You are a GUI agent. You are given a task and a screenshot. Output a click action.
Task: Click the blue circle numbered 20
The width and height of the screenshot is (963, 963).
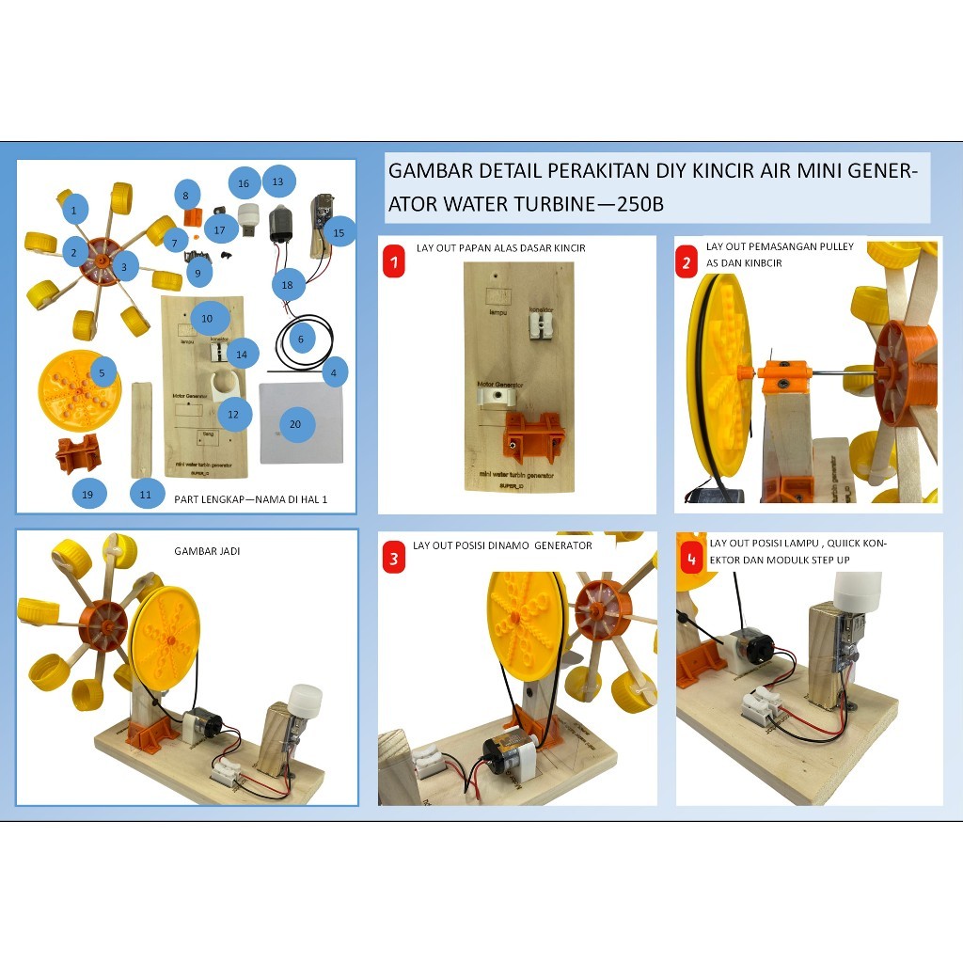[x=295, y=424]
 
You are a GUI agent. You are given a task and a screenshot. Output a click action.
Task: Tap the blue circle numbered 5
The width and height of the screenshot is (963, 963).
[x=102, y=372]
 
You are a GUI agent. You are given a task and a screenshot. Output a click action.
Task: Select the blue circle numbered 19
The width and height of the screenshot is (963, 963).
[x=88, y=494]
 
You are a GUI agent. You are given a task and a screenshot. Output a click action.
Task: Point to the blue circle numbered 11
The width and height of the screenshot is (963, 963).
[x=145, y=494]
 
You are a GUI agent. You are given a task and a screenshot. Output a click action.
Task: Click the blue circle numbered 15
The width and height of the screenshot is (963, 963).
[x=339, y=231]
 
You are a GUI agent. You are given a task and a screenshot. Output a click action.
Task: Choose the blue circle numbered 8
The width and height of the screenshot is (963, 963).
[x=185, y=195]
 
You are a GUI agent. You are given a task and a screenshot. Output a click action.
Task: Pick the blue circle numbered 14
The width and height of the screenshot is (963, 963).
[x=242, y=354]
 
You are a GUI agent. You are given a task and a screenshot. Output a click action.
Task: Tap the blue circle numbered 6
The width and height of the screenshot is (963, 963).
[x=300, y=338]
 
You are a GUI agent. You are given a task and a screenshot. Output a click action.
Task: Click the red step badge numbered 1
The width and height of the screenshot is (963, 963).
[x=394, y=261]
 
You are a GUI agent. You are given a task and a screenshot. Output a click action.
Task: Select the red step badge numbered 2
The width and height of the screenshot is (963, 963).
[x=687, y=262]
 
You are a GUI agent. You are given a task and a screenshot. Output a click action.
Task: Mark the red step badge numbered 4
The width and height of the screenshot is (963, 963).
[x=691, y=560]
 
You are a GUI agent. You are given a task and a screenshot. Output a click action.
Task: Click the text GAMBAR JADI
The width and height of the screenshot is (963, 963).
[x=207, y=551]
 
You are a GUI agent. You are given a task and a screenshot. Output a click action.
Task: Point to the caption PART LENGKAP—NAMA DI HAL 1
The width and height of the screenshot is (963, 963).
[x=250, y=499]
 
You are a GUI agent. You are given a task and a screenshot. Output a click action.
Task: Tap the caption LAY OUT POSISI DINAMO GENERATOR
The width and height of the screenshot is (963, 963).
[x=502, y=545]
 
